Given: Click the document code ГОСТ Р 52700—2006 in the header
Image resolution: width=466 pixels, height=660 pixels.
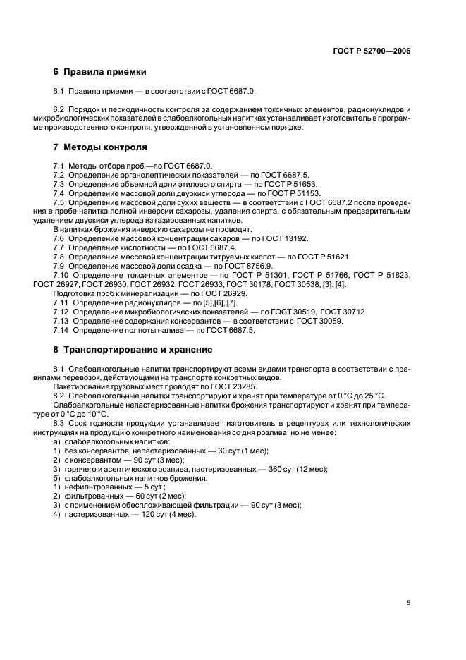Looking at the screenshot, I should [x=372, y=51].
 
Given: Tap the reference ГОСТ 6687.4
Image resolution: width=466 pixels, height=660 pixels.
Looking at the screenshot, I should [x=214, y=248].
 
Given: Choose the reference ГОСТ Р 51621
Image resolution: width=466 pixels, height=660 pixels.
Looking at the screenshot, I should [x=319, y=257].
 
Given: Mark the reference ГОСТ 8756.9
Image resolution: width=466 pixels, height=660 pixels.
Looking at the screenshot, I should [x=229, y=267].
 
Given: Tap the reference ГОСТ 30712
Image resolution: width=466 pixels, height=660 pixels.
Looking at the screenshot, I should [x=343, y=312].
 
